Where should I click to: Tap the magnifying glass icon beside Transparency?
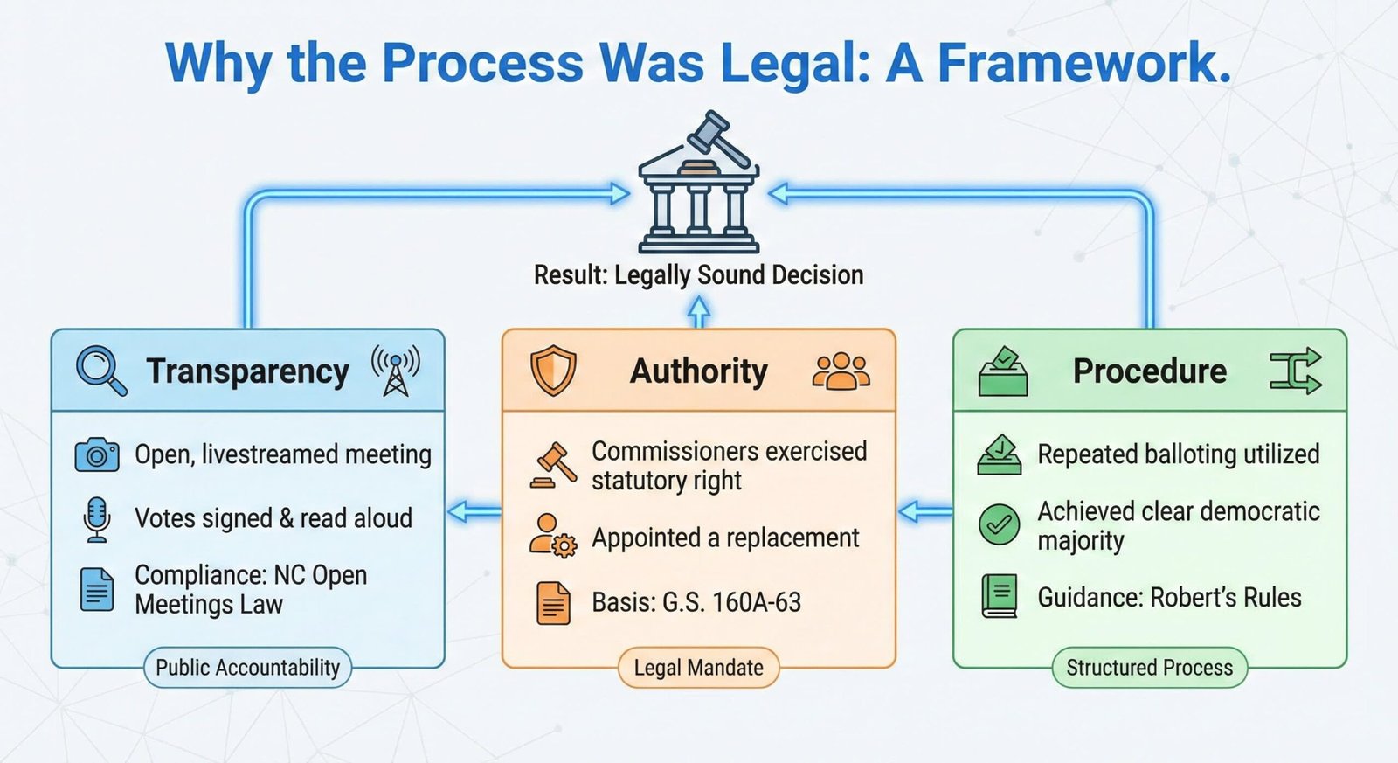pos(100,371)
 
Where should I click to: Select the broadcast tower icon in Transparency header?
pos(396,370)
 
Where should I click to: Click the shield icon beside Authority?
pos(553,371)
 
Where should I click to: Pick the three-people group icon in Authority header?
pos(841,371)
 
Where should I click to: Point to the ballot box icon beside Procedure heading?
pos(1003,371)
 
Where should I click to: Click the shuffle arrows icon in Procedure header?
pos(1295,371)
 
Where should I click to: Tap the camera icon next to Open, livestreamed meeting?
pos(96,455)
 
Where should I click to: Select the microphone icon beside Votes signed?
pos(96,519)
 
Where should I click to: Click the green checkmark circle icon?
pos(1000,524)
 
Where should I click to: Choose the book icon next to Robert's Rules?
pos(1000,597)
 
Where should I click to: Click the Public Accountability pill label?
pos(247,668)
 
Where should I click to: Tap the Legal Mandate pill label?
pos(698,668)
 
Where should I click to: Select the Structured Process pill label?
pos(1149,668)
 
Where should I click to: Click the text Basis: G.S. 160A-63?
pos(696,602)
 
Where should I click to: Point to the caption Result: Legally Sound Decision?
pos(698,275)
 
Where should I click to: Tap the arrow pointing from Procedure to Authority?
pos(924,510)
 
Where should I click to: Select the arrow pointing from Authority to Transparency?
pos(474,511)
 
